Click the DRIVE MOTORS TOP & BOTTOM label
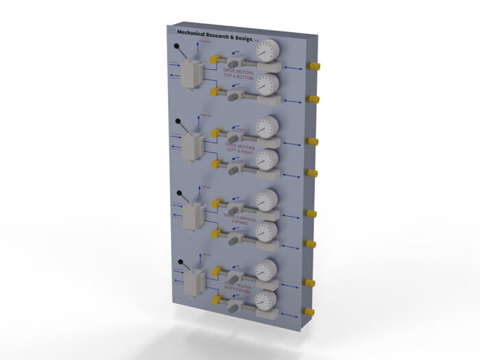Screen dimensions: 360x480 pyautogui.click(x=238, y=75)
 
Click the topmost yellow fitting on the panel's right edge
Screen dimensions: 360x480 pyautogui.click(x=315, y=67)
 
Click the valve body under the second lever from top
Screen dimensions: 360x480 pyautogui.click(x=189, y=147)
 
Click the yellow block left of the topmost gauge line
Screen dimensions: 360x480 pyautogui.click(x=215, y=59)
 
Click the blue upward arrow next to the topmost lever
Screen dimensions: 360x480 pyautogui.click(x=197, y=46)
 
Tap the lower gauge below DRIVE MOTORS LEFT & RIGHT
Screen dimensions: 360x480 pyautogui.click(x=266, y=160)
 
